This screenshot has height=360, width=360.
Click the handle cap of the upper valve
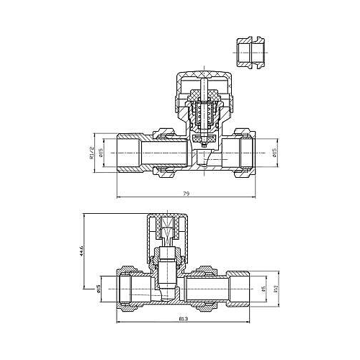(x=202, y=81)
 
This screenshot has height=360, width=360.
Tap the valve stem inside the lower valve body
(x=165, y=270)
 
